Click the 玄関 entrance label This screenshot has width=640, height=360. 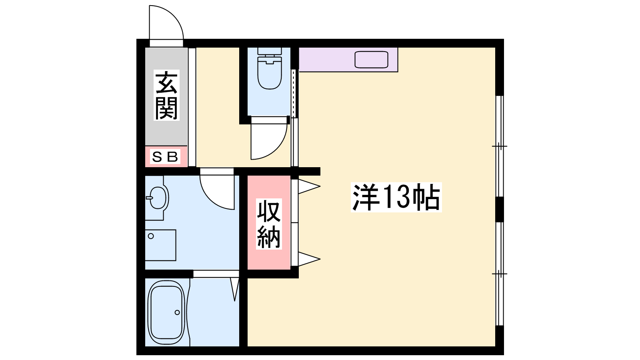[166, 95]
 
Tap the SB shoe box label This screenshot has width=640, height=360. [166, 156]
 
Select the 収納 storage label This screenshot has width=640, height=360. [268, 224]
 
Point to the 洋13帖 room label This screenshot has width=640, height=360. [396, 197]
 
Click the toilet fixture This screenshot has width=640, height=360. [270, 68]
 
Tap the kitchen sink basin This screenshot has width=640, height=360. [371, 60]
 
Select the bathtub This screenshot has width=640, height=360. [166, 312]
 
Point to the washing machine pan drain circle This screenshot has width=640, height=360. [151, 236]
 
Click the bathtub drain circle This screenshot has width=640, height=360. [177, 312]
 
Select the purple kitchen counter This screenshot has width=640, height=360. [348, 60]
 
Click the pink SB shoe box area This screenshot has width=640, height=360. [166, 156]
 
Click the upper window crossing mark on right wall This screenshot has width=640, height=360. [499, 146]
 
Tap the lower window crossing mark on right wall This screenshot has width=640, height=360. [499, 274]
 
